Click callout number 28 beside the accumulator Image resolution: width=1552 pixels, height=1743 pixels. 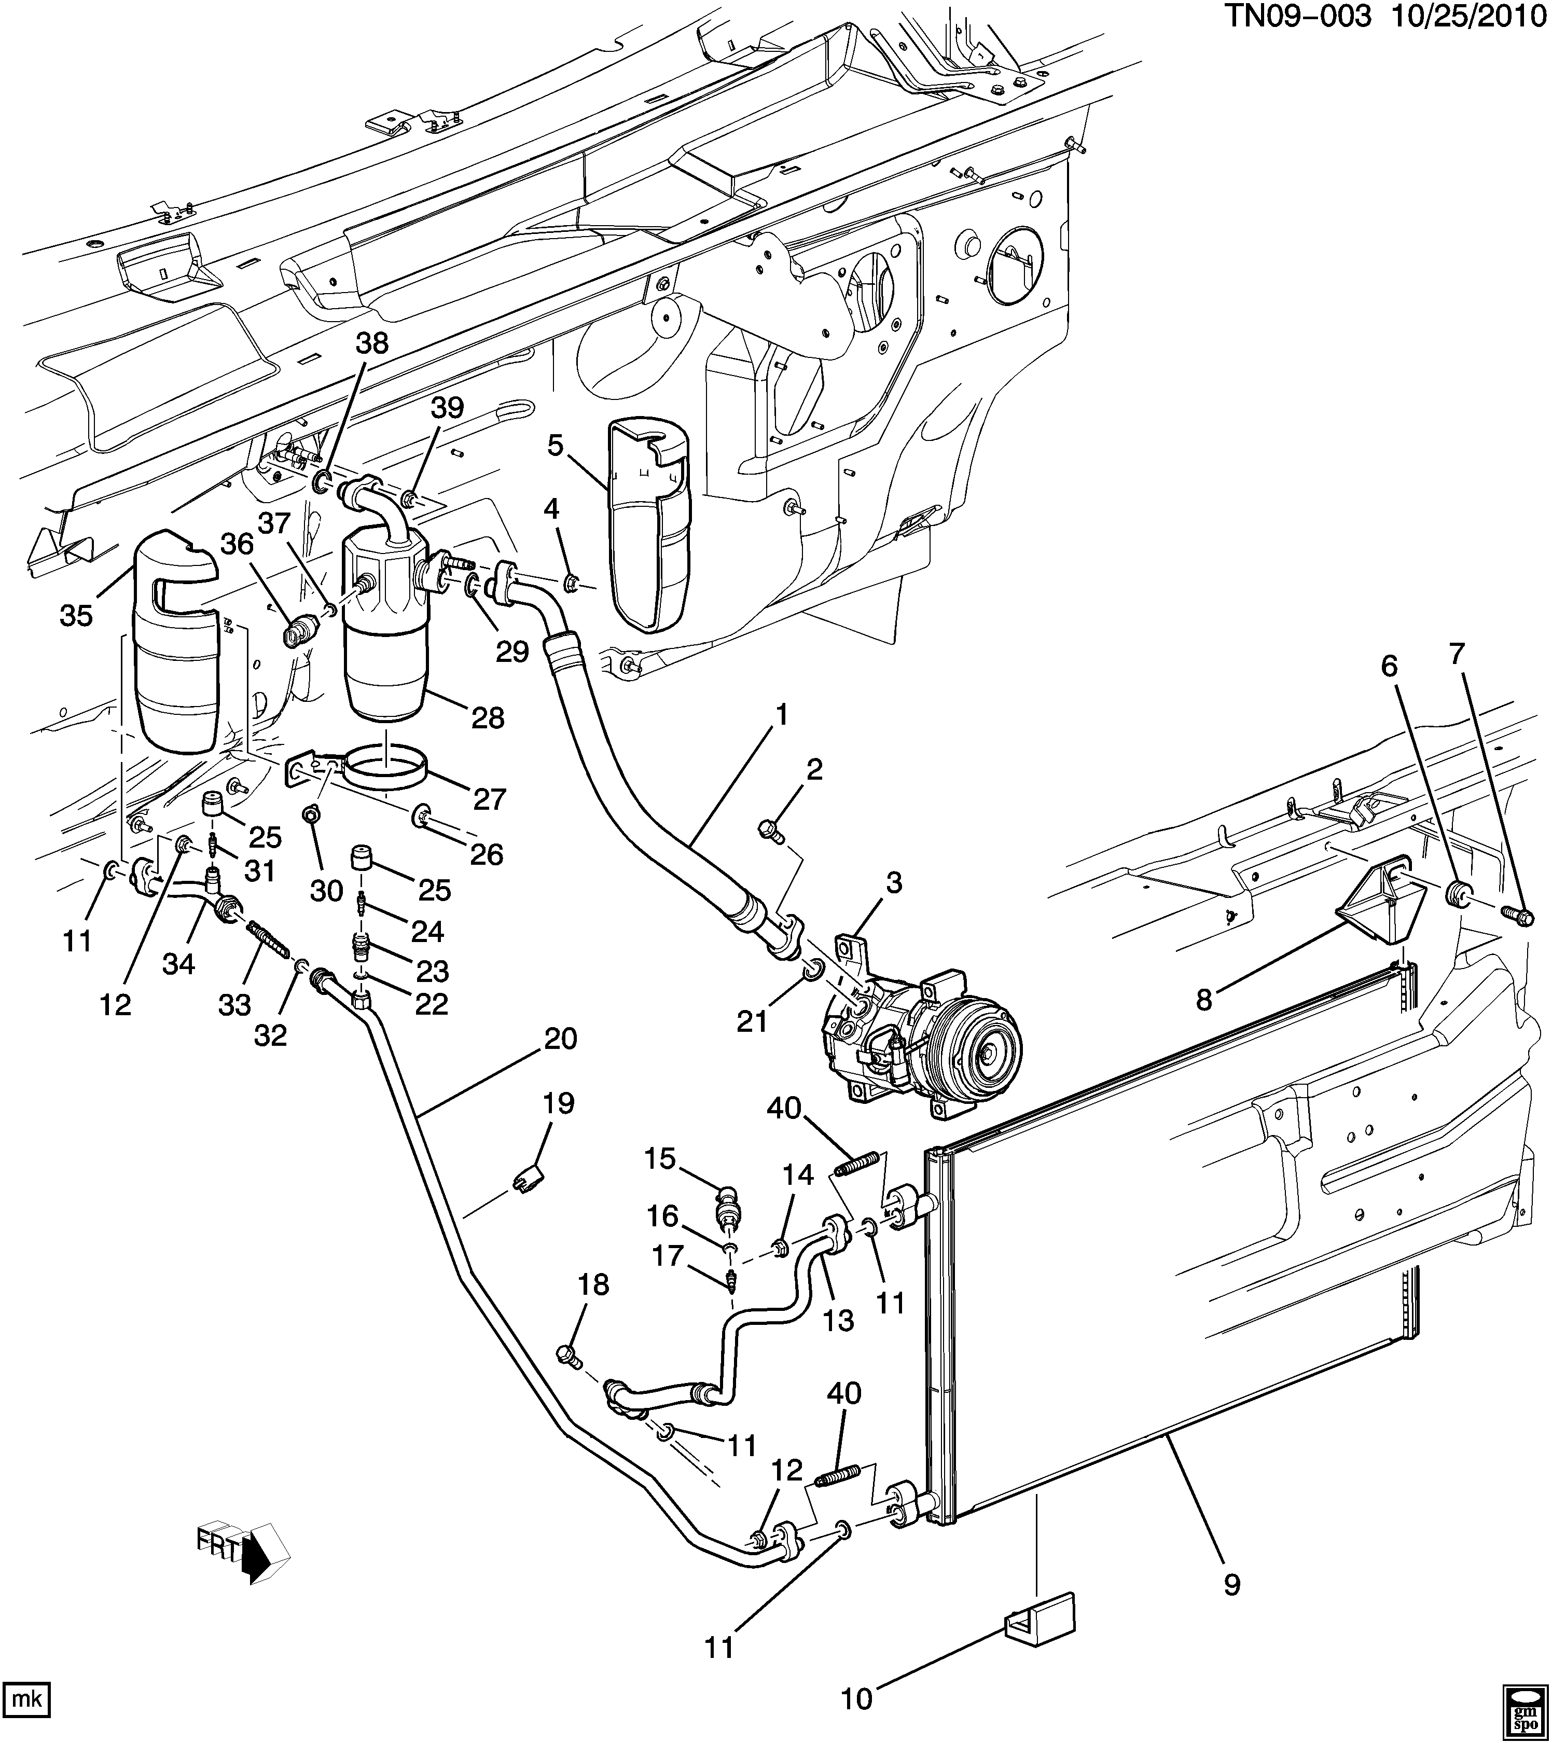point(487,718)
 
